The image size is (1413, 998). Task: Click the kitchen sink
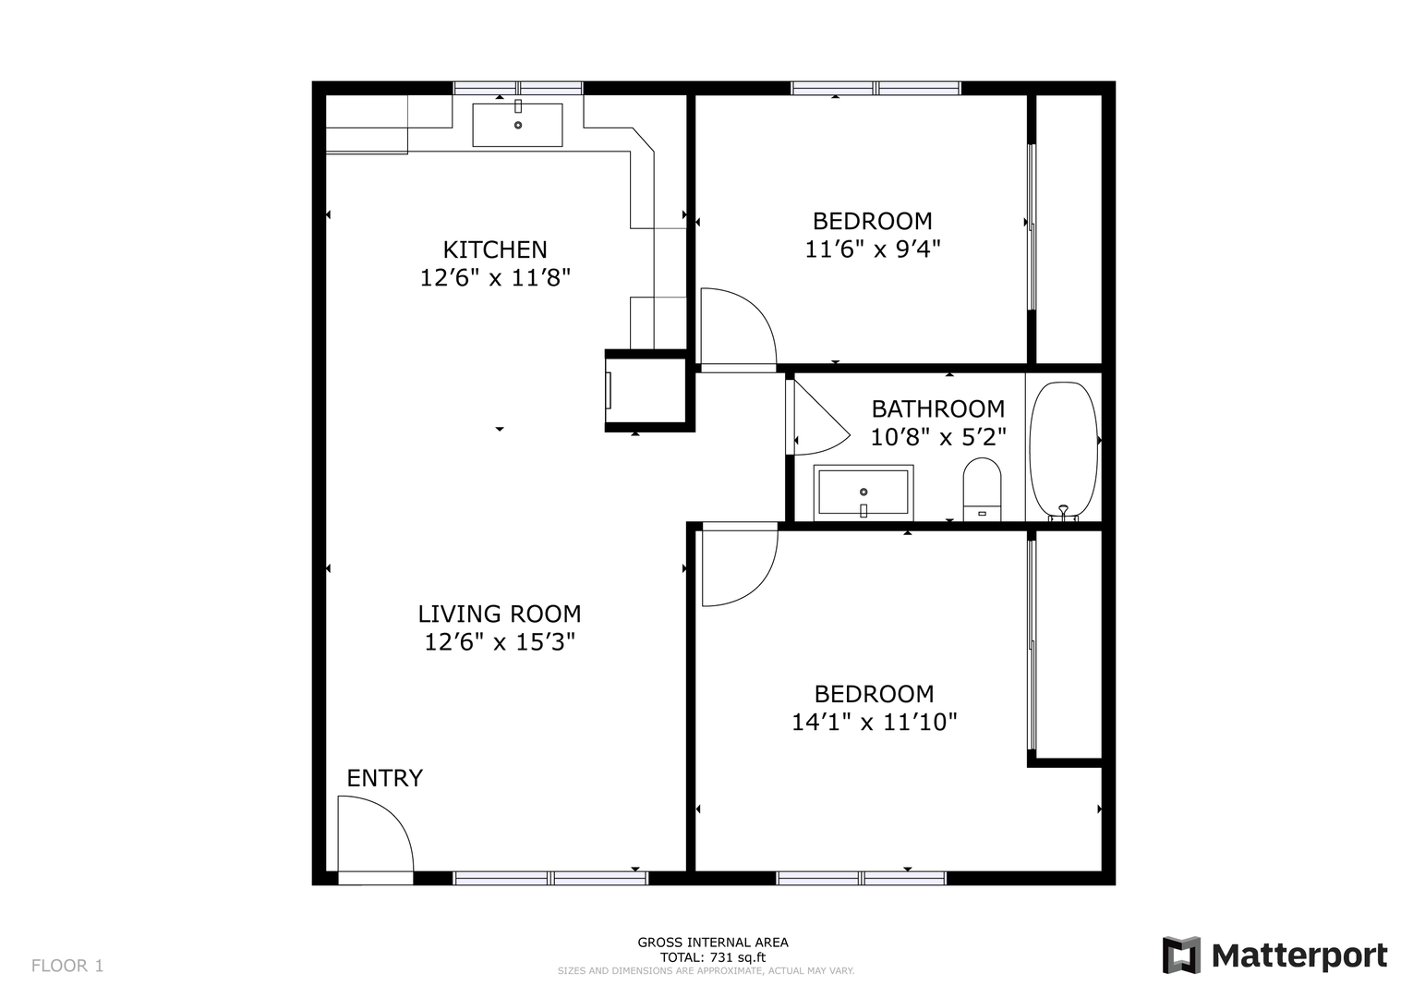click(517, 125)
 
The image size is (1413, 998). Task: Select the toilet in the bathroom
click(982, 489)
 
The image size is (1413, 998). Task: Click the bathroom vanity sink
click(863, 493)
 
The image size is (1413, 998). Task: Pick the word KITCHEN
click(495, 250)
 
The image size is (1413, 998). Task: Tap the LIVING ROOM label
click(499, 614)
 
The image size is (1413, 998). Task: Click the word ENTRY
click(385, 778)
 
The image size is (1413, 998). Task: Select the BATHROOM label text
click(938, 409)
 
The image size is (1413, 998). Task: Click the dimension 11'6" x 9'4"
click(873, 249)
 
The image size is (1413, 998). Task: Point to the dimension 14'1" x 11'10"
click(875, 722)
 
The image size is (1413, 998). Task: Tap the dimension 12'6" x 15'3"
click(500, 642)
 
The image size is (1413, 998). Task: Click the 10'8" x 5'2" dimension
click(938, 437)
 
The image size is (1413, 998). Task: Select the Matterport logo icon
click(1181, 955)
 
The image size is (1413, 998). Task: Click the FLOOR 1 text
click(67, 966)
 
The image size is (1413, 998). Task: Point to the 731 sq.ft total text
click(713, 957)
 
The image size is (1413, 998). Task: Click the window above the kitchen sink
click(518, 88)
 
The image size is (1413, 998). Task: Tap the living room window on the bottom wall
click(550, 878)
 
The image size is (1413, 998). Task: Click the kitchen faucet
click(518, 105)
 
